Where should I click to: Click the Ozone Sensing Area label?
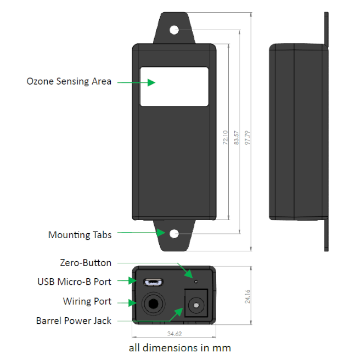click(x=69, y=81)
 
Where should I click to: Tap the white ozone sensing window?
click(x=175, y=86)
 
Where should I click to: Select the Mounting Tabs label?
click(x=80, y=235)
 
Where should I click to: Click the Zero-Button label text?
click(x=85, y=263)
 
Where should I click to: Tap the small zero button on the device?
click(x=196, y=282)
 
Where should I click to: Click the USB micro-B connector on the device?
click(x=153, y=283)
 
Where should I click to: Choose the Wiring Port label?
click(x=87, y=301)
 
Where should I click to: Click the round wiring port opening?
click(x=153, y=303)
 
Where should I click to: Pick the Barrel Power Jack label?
click(x=74, y=320)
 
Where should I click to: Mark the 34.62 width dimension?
click(x=175, y=333)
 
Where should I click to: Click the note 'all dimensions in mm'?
click(x=179, y=347)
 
